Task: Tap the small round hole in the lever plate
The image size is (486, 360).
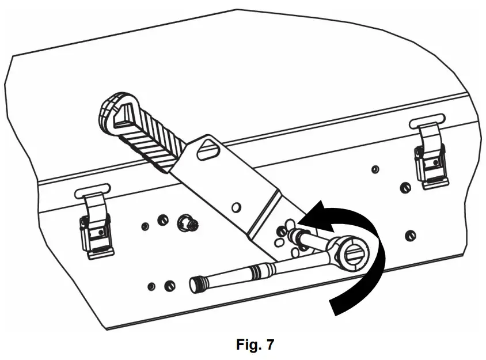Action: (x=234, y=206)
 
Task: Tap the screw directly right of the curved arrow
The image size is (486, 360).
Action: (x=409, y=235)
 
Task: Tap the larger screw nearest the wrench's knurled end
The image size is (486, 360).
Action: (x=170, y=286)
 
